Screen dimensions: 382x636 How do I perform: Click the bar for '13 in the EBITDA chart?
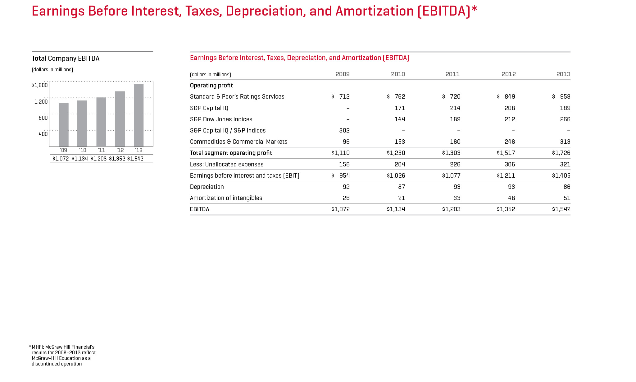tap(139, 115)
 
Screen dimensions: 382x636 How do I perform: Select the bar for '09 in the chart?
tap(64, 124)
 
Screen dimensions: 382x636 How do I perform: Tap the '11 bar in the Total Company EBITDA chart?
tap(101, 122)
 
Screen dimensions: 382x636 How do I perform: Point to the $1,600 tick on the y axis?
tap(40, 85)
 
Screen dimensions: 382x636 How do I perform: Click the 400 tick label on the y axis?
tap(43, 134)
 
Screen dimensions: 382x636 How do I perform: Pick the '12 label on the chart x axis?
tap(120, 150)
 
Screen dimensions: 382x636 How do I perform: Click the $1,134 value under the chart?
tap(79, 159)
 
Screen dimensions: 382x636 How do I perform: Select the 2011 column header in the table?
tap(452, 74)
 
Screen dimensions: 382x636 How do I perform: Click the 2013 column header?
tap(563, 74)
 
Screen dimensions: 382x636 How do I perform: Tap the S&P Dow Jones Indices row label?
tap(221, 119)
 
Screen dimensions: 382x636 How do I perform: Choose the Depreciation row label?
tap(207, 187)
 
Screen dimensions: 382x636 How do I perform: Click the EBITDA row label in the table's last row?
tap(199, 209)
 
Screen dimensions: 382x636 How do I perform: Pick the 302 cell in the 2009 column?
tap(344, 130)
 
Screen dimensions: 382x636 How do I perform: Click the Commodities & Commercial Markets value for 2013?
tap(565, 142)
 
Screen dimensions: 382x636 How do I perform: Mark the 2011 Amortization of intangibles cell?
tap(457, 198)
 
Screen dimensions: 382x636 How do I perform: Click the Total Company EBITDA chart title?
tap(66, 58)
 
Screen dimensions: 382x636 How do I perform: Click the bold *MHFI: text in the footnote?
tap(37, 347)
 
